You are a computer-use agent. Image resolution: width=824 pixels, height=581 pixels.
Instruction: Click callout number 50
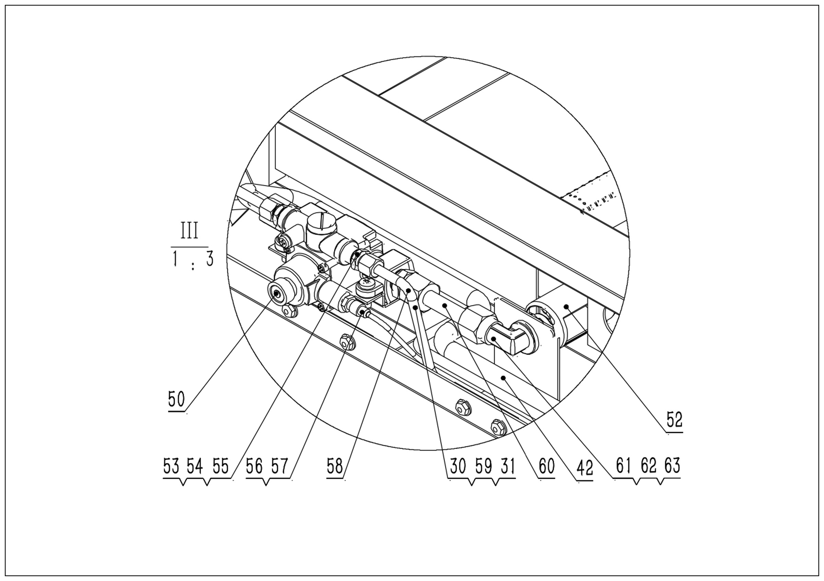176,399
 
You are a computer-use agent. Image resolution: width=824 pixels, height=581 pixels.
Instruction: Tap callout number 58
334,467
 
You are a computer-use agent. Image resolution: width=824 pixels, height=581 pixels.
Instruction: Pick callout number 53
171,467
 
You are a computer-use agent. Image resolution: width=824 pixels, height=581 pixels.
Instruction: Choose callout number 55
220,467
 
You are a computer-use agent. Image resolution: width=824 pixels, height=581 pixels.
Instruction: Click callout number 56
254,467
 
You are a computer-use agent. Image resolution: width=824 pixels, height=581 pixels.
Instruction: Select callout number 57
279,467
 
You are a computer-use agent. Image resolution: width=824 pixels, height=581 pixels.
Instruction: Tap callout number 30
458,467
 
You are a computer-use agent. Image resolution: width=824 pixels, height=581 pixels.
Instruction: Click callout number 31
507,467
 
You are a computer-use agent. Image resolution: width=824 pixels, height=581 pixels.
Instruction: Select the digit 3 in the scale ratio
209,259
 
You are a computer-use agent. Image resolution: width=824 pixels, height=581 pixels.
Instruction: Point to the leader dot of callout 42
504,377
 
